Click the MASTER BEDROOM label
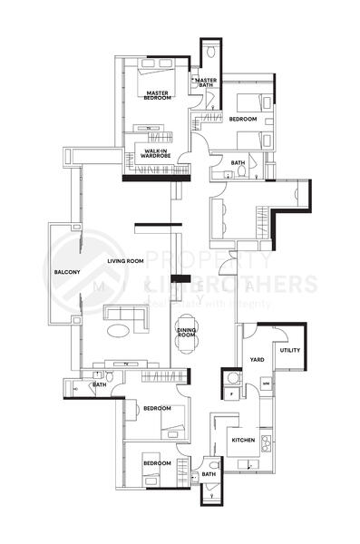click(158, 95)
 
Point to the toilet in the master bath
click(209, 49)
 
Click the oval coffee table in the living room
click(120, 332)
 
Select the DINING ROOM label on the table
click(186, 333)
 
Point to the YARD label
click(257, 358)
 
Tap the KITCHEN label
click(243, 440)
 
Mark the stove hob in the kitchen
click(266, 443)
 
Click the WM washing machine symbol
click(266, 386)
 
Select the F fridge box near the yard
click(231, 395)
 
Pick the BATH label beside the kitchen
click(209, 473)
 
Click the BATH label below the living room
click(100, 384)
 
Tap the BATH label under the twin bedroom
click(238, 163)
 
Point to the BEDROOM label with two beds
click(242, 120)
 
